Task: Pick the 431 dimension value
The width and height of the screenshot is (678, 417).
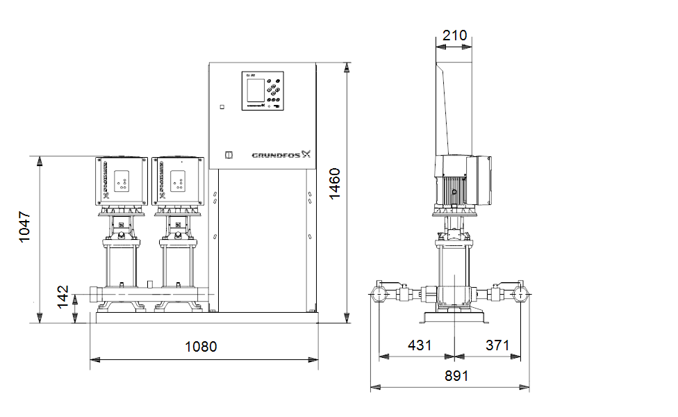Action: coord(420,345)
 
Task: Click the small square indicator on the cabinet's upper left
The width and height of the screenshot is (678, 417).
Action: coord(222,107)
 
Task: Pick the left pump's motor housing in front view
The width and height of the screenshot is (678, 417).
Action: coord(122,180)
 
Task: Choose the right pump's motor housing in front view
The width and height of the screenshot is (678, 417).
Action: coord(179,180)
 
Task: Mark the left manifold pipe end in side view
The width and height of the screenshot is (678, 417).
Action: coord(380,294)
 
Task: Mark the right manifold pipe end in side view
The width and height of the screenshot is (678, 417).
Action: coord(522,294)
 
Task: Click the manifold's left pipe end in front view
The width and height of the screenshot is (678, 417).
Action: coord(94,295)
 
